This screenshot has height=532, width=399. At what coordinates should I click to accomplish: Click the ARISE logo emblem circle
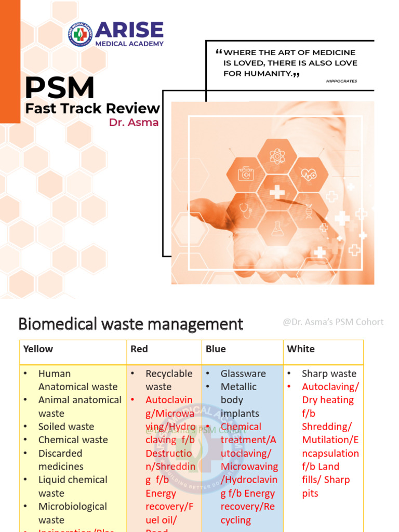81,34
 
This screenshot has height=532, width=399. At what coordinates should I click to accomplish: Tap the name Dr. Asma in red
134,123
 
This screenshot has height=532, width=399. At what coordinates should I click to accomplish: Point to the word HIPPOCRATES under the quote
341,81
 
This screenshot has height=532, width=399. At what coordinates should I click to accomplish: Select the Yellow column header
38,349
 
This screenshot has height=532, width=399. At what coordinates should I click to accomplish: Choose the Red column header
139,349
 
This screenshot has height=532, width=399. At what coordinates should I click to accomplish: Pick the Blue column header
216,349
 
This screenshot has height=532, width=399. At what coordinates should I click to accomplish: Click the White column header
301,349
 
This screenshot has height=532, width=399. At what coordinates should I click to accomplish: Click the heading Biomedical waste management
130,324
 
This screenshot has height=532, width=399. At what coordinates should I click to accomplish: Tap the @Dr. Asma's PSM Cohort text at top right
333,322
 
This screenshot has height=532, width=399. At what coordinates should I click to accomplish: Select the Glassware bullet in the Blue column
243,374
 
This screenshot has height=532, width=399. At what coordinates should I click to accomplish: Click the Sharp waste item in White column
329,374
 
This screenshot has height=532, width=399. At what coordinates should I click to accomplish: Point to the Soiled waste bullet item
66,427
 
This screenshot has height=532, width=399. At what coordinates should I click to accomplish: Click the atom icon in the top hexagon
277,156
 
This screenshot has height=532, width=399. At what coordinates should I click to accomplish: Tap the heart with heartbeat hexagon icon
309,175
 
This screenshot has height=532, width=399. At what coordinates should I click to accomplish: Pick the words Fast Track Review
92,108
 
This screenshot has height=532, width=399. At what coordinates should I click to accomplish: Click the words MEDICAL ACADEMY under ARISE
129,44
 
